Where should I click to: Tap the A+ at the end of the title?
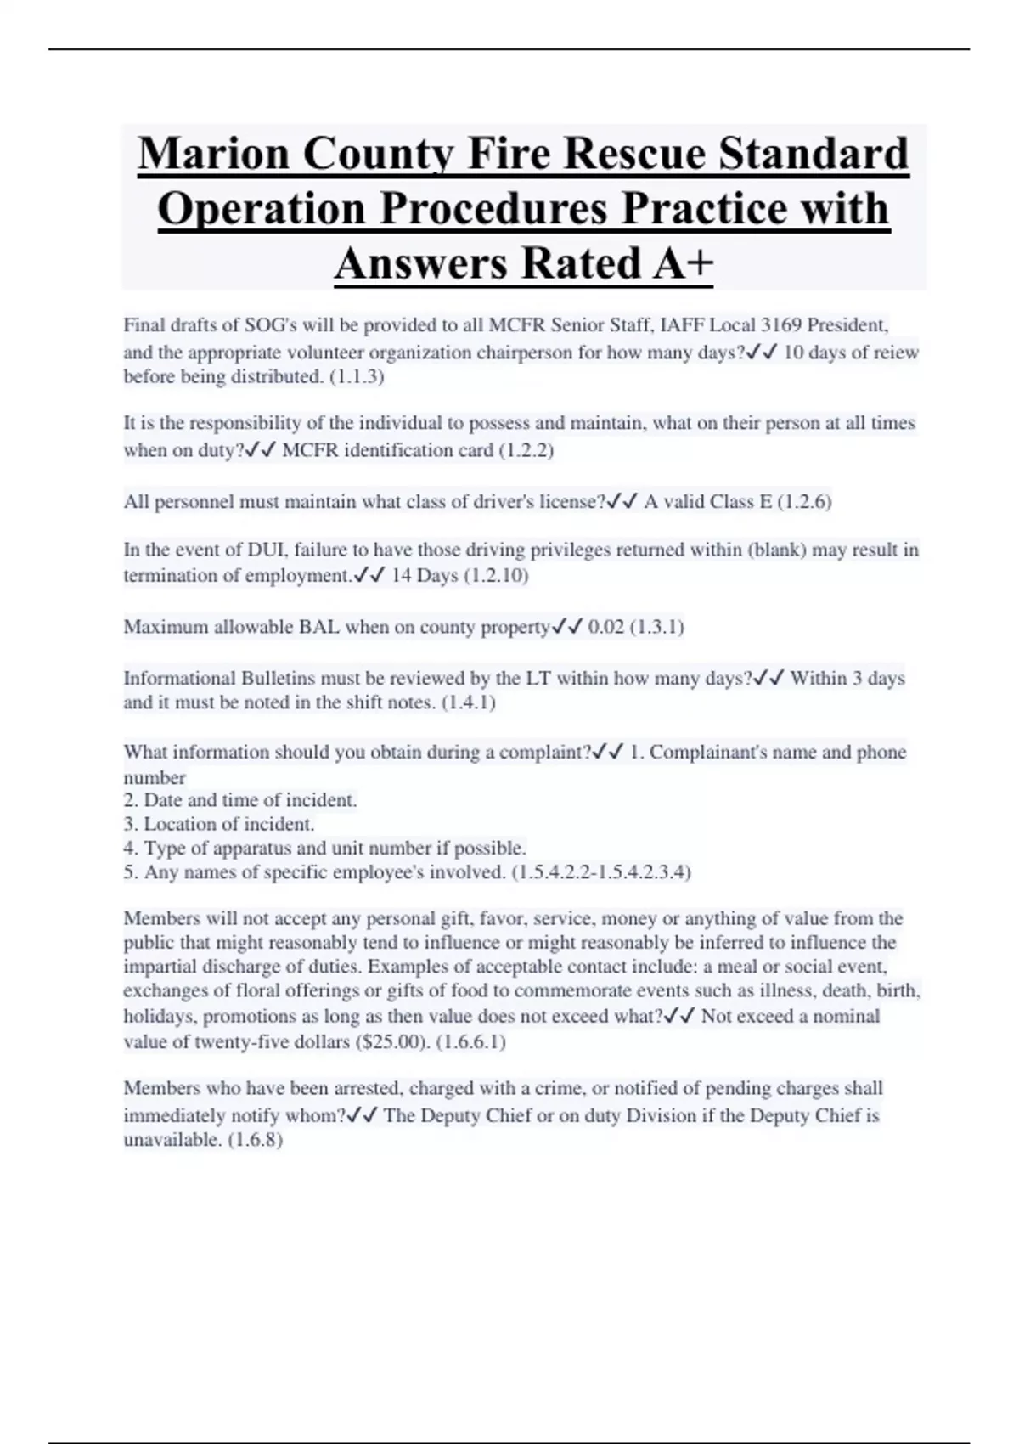(x=684, y=262)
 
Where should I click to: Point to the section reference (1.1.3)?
(x=356, y=376)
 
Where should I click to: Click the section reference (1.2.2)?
(x=526, y=450)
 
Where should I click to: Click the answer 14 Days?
(x=425, y=576)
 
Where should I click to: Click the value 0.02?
(x=605, y=627)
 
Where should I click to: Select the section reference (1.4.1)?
(x=468, y=702)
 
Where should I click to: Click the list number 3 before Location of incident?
(x=129, y=824)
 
